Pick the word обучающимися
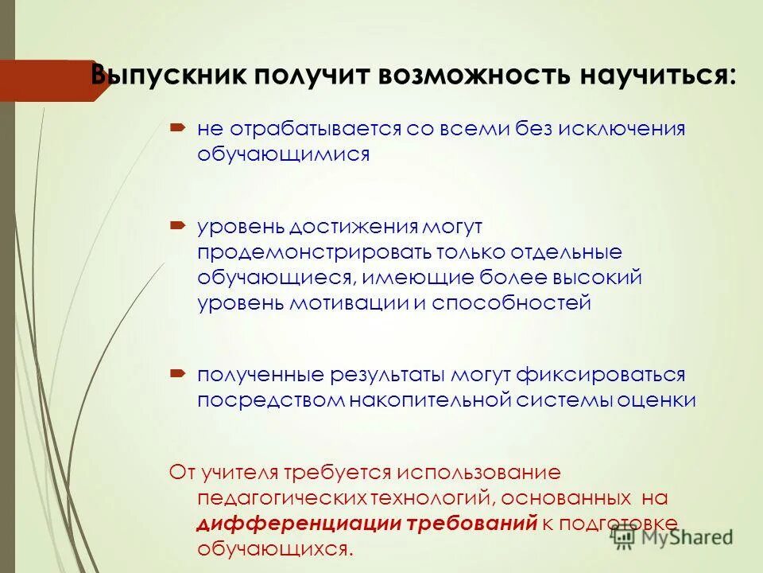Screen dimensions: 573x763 [284, 154]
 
